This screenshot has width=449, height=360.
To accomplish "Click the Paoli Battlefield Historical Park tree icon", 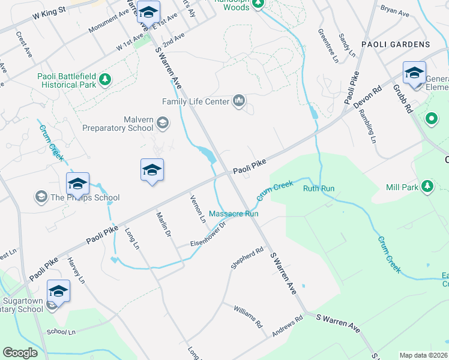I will click(105, 79).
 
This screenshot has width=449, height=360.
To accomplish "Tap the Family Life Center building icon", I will click(239, 100).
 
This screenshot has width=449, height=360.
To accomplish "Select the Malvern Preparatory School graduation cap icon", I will click(161, 124).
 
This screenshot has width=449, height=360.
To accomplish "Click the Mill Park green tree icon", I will click(427, 187).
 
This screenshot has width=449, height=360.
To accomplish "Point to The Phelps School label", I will click(85, 197).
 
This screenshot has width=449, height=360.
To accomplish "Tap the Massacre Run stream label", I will click(234, 214).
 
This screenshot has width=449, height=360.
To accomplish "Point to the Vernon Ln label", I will click(197, 209).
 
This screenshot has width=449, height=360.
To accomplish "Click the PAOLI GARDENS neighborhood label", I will click(396, 44).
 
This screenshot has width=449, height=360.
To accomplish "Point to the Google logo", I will click(20, 353).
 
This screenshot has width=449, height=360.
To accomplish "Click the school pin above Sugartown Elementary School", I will click(58, 291).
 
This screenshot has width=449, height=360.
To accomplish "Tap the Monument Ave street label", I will click(108, 22).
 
